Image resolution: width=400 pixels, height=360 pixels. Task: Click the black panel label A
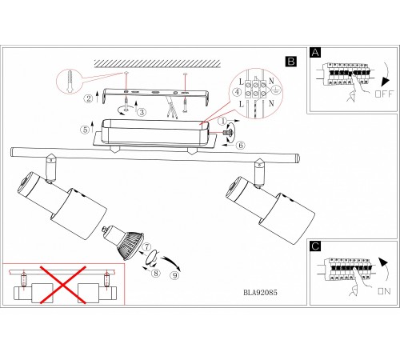point(315,53)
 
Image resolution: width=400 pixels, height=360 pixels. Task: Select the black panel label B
point(290,62)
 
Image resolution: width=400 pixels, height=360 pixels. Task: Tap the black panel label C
point(315,246)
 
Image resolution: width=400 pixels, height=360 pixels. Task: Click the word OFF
point(384,94)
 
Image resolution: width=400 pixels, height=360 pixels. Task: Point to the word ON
point(384,291)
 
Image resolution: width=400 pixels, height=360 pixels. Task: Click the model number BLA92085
point(260,293)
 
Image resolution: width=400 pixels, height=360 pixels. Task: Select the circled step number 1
point(222,122)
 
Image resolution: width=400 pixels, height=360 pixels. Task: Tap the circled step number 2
point(89,98)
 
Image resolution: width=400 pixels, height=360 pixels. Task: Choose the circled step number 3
point(142,112)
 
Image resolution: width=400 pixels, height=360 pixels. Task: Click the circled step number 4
point(237,92)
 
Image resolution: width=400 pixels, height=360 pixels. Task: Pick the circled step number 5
point(85,130)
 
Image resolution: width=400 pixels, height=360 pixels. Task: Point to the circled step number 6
point(241,146)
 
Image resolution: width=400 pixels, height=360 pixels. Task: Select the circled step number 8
point(156,273)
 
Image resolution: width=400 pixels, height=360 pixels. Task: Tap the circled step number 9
point(175,275)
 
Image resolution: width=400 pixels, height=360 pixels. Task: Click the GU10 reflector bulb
point(123,242)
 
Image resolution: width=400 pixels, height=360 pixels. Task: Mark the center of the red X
point(63,285)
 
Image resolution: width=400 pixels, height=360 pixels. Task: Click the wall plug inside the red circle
point(70,81)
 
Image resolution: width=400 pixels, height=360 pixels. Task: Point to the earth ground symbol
point(277,90)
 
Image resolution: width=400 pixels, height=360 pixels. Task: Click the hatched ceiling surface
point(158,63)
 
